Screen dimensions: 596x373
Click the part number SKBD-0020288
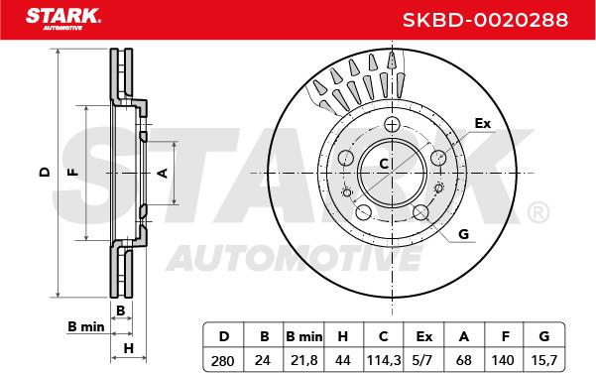click(x=485, y=20)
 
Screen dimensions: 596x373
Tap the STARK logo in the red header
click(x=63, y=19)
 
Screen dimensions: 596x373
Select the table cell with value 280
click(x=223, y=360)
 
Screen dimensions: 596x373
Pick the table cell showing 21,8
click(x=303, y=360)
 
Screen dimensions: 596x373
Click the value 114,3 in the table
click(x=384, y=360)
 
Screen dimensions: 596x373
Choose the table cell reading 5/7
click(x=423, y=360)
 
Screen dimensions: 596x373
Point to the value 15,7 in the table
click(x=544, y=360)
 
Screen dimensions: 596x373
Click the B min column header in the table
click(x=303, y=336)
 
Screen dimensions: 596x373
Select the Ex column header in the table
click(x=423, y=336)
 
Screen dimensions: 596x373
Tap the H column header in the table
click(x=343, y=336)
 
